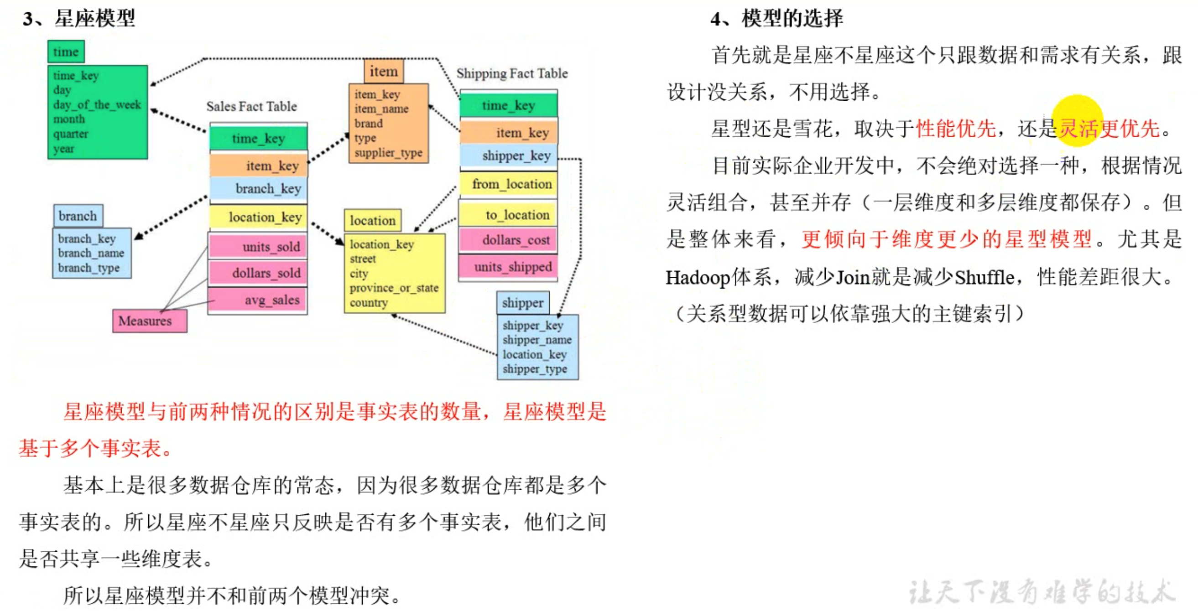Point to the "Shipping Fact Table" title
[511, 73]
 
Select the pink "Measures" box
[149, 321]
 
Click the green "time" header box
[66, 52]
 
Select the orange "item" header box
[384, 72]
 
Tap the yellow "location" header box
[373, 220]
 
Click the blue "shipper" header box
[523, 303]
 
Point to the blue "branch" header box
[78, 216]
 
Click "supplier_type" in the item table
[388, 153]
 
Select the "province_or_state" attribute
[394, 288]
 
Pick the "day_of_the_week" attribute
[97, 104]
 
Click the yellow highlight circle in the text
[1077, 120]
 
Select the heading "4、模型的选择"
[776, 19]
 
